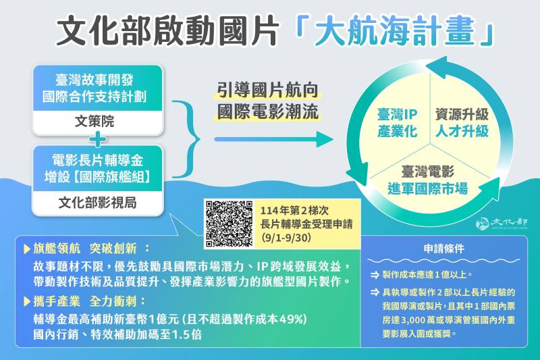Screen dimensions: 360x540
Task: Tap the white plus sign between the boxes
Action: click(99, 140)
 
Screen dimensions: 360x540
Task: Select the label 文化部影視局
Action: click(99, 203)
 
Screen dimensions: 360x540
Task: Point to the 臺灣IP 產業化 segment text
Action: click(397, 122)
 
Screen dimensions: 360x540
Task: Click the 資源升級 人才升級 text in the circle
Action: click(462, 122)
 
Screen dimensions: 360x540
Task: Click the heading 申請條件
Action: click(446, 248)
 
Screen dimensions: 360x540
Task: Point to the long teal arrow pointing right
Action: click(273, 140)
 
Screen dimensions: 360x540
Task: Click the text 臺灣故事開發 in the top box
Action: click(99, 77)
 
